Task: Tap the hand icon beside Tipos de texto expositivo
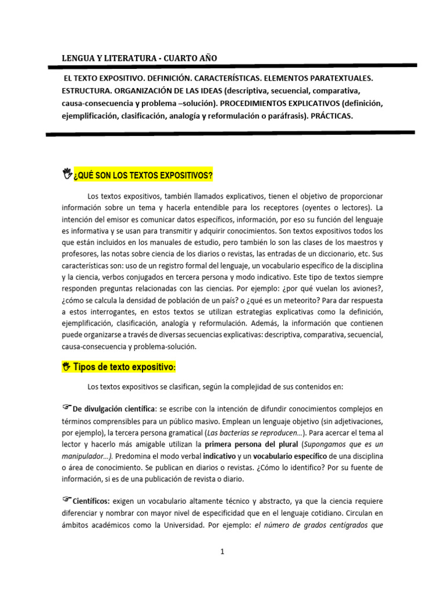tap(66, 366)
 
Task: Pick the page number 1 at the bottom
tap(222, 552)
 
